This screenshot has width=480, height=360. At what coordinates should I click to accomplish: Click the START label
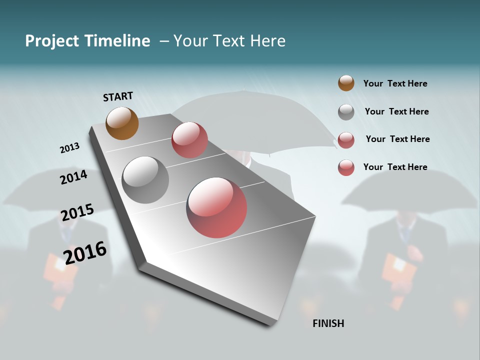coord(118,96)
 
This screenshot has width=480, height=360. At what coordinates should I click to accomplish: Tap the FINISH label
coord(328,323)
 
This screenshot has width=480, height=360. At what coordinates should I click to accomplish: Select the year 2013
coord(69,148)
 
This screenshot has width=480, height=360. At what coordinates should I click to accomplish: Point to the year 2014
coord(74,177)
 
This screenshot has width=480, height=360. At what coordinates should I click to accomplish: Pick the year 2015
coord(77,212)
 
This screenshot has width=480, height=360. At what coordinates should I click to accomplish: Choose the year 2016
coord(85,253)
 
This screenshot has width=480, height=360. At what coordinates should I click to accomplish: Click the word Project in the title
coord(51,41)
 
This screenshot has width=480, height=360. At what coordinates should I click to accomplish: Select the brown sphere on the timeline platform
coord(122,123)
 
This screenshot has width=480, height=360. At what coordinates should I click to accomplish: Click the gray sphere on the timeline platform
coord(145,180)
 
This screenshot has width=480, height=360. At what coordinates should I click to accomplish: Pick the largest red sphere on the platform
coord(216,207)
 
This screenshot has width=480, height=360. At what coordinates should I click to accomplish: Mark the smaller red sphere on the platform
coord(189,140)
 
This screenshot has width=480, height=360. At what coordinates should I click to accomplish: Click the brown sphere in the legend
coord(346,83)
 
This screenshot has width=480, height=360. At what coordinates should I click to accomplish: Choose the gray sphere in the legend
coord(346,112)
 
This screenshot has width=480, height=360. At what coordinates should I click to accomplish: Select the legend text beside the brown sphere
coord(395,83)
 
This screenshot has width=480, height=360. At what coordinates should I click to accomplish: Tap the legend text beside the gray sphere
coord(396,111)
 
